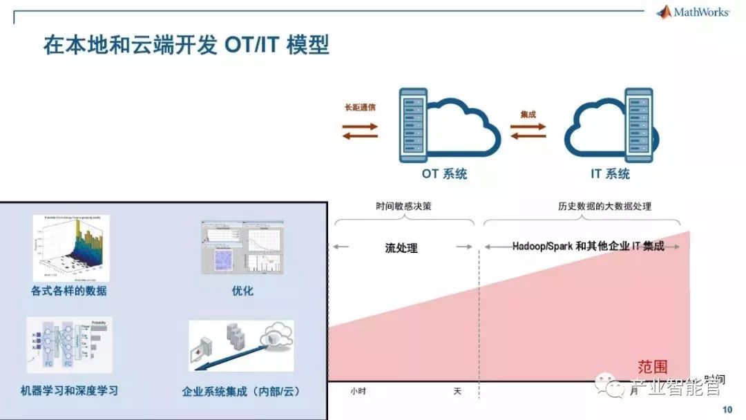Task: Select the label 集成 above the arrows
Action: click(528, 114)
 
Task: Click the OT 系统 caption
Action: click(444, 174)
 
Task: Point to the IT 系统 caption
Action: click(610, 174)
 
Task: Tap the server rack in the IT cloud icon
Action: click(638, 125)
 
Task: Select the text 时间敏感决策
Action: click(404, 206)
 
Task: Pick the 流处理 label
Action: click(401, 248)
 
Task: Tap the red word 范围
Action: click(653, 367)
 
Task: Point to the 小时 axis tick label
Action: click(357, 391)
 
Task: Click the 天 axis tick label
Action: click(457, 391)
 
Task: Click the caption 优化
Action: click(242, 291)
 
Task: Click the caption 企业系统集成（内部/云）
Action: click(241, 391)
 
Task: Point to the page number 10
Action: click(727, 410)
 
